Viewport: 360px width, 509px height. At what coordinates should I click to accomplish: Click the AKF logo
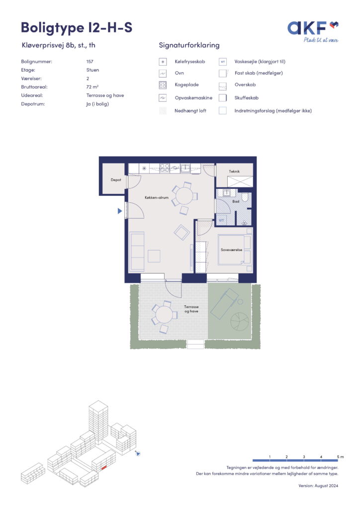click(313, 31)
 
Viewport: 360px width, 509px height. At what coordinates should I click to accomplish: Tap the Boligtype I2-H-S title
click(77, 28)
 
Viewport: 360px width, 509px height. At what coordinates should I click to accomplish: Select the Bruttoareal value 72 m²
click(92, 87)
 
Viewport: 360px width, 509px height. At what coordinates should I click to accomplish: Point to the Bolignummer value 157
click(90, 61)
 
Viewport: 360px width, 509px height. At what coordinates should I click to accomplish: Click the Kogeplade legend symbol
click(163, 85)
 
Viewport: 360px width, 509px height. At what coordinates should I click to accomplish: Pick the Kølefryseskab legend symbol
click(163, 62)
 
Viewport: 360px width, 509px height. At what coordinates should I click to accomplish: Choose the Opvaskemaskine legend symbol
click(163, 98)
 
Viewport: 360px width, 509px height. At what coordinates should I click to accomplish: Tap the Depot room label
click(116, 180)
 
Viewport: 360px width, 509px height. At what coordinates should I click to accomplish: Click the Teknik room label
click(234, 171)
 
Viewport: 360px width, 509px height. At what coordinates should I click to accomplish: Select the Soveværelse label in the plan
click(231, 250)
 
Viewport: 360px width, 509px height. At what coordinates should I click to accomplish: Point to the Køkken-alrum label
click(157, 197)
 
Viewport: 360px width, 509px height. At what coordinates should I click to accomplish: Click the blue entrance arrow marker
click(120, 211)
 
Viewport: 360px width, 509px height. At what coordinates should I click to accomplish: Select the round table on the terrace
click(164, 315)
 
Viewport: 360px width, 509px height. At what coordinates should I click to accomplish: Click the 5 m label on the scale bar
click(340, 457)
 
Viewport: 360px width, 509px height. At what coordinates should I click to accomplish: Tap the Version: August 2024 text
click(318, 486)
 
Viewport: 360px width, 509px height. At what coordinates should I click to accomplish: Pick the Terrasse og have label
click(191, 309)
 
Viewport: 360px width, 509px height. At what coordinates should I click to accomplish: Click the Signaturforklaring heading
click(189, 45)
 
